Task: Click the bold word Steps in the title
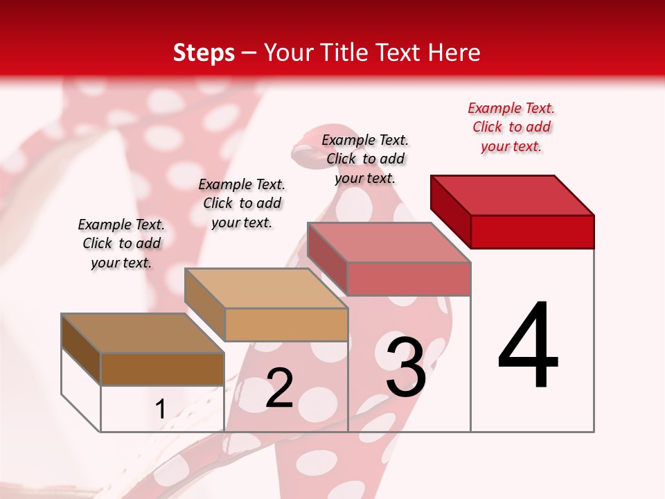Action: tap(203, 53)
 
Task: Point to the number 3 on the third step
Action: tap(405, 367)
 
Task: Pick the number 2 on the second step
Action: tap(279, 388)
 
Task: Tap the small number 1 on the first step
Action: tap(161, 409)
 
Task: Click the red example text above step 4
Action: tap(511, 127)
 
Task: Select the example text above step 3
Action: tap(365, 159)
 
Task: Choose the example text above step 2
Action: tap(242, 203)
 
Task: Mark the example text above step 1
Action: tap(121, 243)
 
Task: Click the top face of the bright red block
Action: tap(513, 195)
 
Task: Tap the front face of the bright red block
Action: tap(532, 231)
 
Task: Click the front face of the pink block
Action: tap(409, 279)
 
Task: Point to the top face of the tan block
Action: tap(266, 288)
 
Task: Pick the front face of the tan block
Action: tap(285, 324)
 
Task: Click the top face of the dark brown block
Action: tap(143, 333)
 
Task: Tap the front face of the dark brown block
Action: tap(162, 369)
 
